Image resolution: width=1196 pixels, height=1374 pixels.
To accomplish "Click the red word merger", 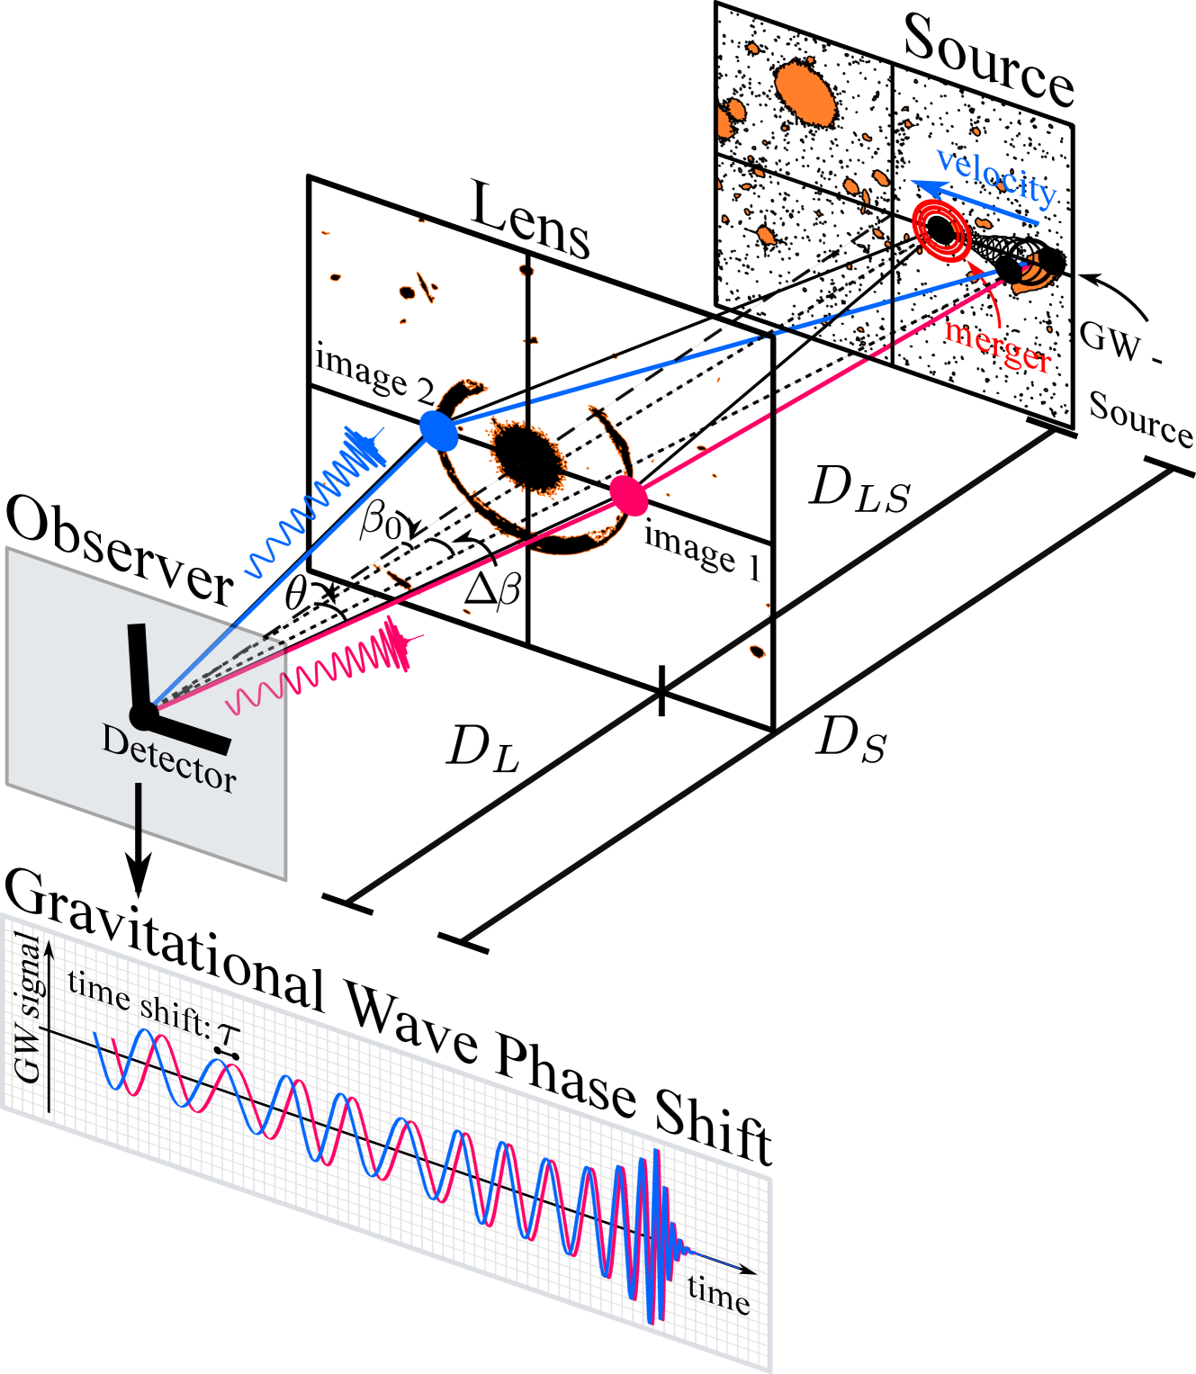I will tap(997, 346).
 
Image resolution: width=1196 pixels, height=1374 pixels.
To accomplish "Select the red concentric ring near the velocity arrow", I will tap(941, 230).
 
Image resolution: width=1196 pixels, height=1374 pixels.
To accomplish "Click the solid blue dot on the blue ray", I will tap(439, 430).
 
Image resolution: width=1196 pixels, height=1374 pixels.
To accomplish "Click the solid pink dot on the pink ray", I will tap(629, 495).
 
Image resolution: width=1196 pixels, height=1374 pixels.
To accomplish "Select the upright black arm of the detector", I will tap(139, 666).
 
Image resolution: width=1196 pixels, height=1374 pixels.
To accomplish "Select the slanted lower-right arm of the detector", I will tap(193, 732).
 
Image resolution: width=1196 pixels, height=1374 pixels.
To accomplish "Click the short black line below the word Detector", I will tap(139, 805).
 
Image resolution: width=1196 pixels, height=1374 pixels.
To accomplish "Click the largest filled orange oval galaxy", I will tap(805, 93).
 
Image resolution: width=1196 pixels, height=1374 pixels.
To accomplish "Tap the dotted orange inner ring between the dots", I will tap(528, 457).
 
